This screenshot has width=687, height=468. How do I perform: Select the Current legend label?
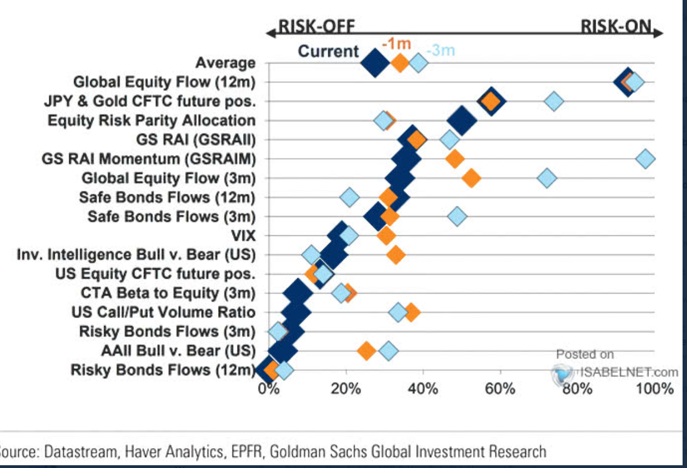pyautogui.click(x=329, y=52)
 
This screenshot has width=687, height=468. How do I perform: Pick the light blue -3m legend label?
pyautogui.click(x=441, y=51)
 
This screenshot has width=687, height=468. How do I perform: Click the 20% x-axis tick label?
pyautogui.click(x=346, y=388)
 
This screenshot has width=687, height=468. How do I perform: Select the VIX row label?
pyautogui.click(x=244, y=236)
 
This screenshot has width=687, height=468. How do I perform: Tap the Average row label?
pyautogui.click(x=226, y=64)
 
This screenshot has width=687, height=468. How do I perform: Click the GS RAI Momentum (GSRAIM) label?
pyautogui.click(x=149, y=160)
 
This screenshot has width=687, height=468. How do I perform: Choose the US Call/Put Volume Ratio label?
pyautogui.click(x=163, y=312)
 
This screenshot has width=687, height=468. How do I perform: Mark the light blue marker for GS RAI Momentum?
pyautogui.click(x=645, y=159)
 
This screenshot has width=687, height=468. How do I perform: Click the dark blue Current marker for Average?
pyautogui.click(x=375, y=63)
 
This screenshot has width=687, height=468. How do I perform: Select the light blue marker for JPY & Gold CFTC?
pyautogui.click(x=554, y=101)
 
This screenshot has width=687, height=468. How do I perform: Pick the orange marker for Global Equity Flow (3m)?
pyautogui.click(x=471, y=178)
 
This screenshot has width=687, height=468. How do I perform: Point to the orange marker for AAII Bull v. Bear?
pyautogui.click(x=366, y=351)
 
